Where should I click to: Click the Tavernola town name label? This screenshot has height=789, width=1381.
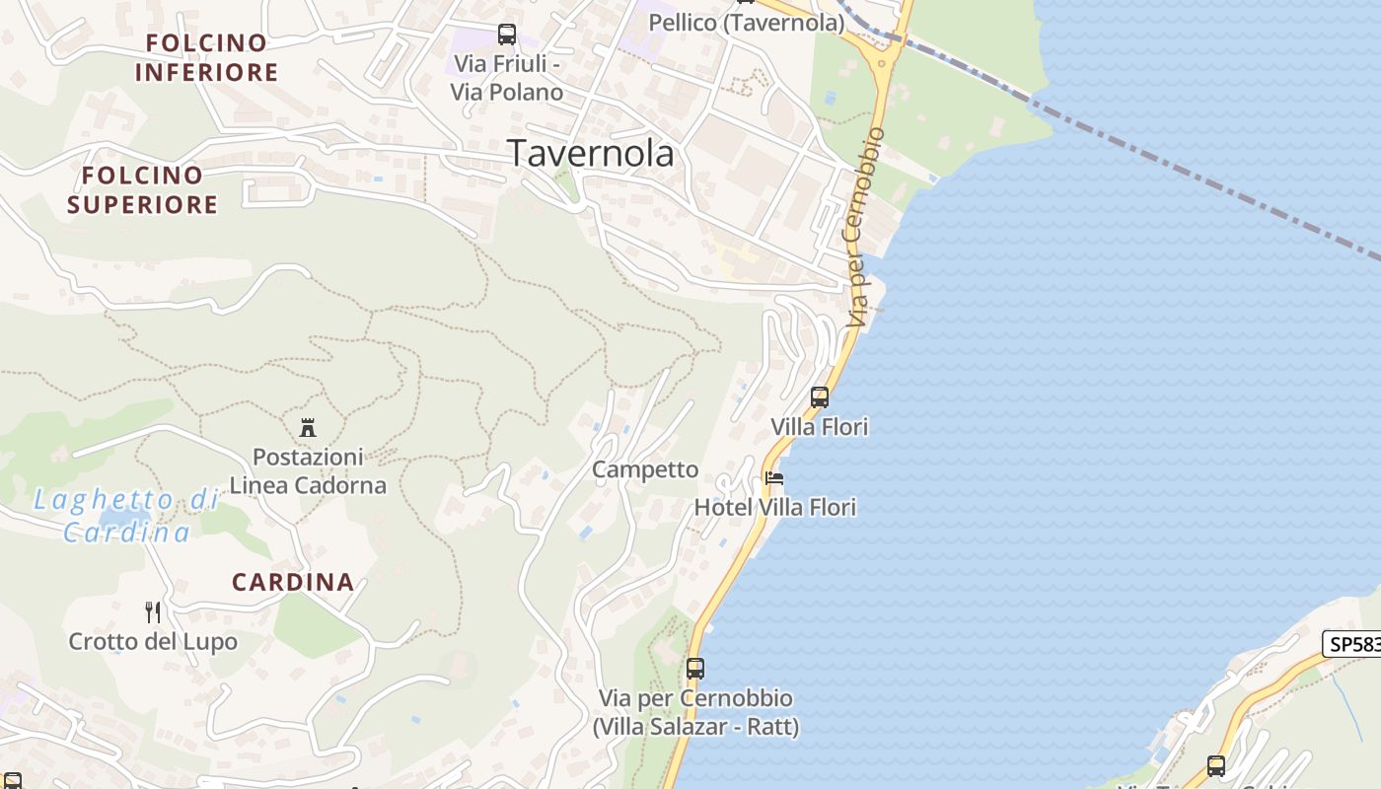[590, 153]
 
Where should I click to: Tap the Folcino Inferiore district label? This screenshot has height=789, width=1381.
[206, 57]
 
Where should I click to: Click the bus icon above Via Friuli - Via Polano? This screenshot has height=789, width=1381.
[507, 35]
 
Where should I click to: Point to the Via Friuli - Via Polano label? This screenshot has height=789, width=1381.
[507, 78]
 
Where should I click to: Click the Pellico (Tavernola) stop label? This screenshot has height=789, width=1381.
[747, 22]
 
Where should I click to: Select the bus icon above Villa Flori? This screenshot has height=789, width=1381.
[820, 397]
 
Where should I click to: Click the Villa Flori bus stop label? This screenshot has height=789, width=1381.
[819, 427]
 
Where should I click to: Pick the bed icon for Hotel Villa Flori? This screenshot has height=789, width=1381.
[774, 478]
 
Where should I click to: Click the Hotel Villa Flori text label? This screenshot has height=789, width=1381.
[775, 507]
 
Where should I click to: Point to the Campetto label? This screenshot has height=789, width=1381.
[645, 469]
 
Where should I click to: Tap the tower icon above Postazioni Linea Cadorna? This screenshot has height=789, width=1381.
[308, 427]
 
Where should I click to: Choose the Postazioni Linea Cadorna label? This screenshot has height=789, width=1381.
[308, 471]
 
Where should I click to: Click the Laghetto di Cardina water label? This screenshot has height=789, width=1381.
[126, 515]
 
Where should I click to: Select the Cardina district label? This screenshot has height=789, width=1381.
[293, 582]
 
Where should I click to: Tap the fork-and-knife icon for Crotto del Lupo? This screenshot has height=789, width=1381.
[153, 612]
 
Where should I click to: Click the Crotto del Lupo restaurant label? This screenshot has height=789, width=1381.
[153, 642]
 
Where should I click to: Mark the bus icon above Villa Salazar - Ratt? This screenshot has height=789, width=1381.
[695, 669]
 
